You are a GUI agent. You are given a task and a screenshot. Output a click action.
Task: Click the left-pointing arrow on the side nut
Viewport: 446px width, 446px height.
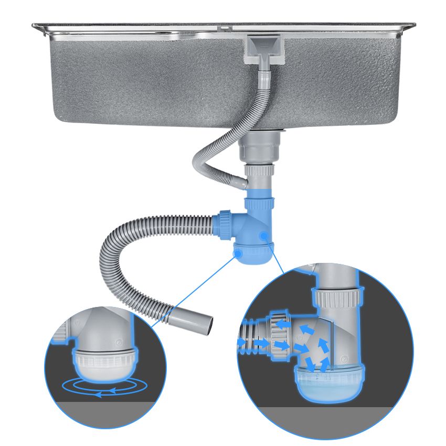tap(283, 325)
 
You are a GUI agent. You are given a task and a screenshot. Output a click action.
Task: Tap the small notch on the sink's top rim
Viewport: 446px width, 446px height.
tap(224, 26)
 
